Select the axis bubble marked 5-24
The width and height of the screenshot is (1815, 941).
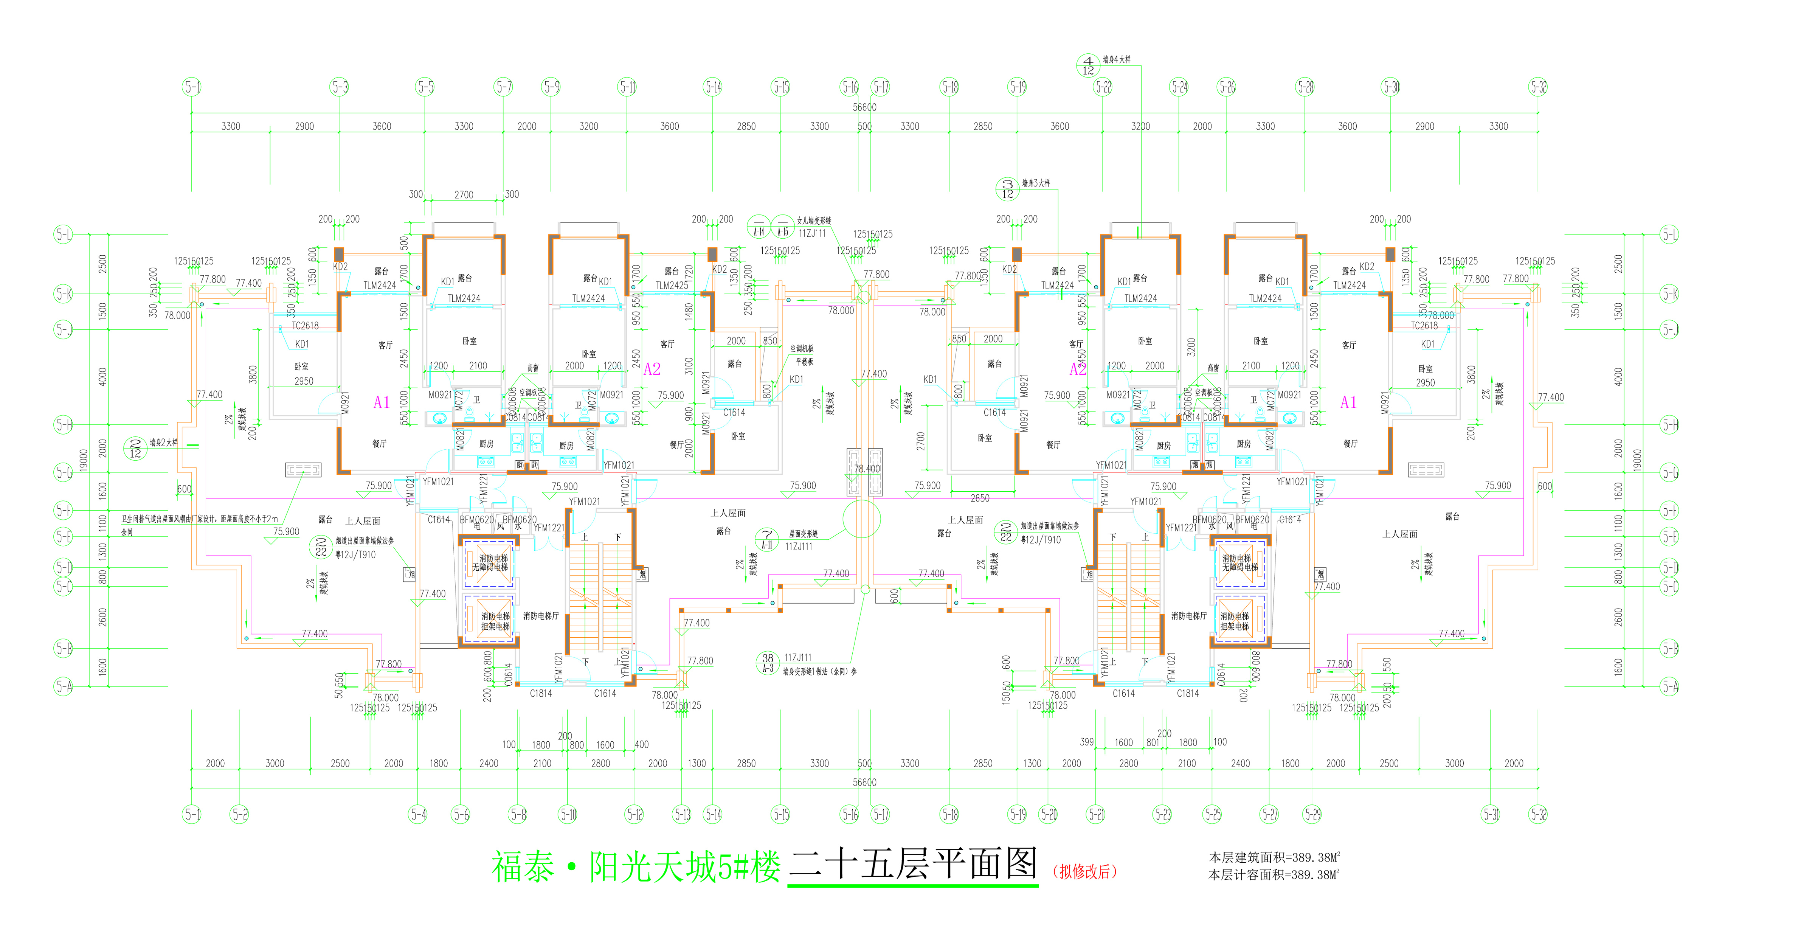[x=1179, y=87]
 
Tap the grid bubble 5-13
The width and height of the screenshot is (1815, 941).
[x=682, y=814]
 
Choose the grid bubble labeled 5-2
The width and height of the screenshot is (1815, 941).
[x=240, y=814]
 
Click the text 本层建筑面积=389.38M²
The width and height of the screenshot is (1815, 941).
[x=1274, y=857]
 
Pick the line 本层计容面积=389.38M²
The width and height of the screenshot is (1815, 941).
[x=1274, y=875]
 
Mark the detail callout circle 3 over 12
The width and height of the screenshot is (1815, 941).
[x=1007, y=189]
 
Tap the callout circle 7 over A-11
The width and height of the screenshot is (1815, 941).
[x=766, y=539]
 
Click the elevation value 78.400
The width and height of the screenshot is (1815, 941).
[x=867, y=469]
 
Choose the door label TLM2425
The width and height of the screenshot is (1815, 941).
[x=672, y=286]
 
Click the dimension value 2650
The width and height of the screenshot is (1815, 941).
[x=979, y=498]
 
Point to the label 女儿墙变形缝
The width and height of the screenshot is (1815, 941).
[x=814, y=220]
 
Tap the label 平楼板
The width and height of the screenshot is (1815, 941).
[x=804, y=362]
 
